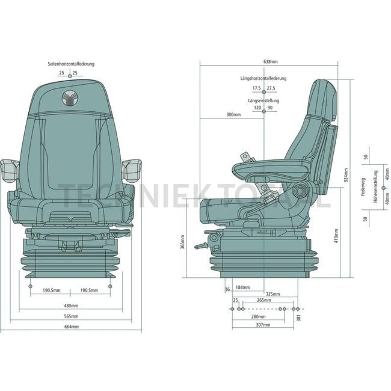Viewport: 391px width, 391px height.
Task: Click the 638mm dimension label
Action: pos(270,61)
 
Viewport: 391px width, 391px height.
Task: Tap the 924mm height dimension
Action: pos(346,175)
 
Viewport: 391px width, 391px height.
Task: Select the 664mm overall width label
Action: pos(72,327)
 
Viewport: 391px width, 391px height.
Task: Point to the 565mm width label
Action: pos(72,316)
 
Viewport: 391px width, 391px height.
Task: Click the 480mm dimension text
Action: pos(71,306)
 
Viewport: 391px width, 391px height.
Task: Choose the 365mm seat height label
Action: pos(182,242)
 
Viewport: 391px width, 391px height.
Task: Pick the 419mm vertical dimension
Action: pos(336,236)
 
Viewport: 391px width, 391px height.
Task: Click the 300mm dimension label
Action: pos(233,114)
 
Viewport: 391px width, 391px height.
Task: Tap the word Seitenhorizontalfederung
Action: pos(71,64)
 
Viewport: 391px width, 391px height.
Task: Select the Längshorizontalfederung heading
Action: pos(263,78)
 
